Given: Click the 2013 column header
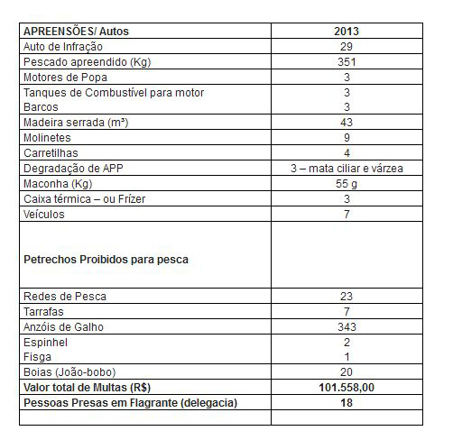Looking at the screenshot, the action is (347, 31).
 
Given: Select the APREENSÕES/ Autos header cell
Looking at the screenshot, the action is (76, 31).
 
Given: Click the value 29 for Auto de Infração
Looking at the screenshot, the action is (347, 46).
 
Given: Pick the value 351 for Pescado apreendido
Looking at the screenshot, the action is (347, 62).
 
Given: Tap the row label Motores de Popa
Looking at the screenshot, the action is (60, 78).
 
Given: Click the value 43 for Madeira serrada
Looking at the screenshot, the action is (347, 122).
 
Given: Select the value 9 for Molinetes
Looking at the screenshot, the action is (347, 137).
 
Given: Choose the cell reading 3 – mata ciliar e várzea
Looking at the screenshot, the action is (347, 168).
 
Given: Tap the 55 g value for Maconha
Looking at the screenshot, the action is (347, 183).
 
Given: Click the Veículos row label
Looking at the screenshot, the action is (44, 215).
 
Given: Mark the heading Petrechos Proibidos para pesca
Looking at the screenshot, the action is (106, 260).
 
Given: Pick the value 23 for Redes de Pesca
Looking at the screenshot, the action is (347, 296).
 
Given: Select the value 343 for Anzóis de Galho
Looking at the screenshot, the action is (347, 326).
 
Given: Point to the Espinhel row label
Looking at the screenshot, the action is (45, 342).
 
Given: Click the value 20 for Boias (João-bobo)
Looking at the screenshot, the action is (347, 372).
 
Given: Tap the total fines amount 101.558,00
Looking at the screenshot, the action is (347, 388).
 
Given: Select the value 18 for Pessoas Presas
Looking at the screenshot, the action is (347, 403).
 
